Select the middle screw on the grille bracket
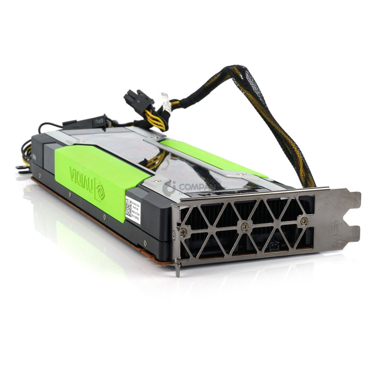245,227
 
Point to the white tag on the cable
165,99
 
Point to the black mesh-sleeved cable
276,113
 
